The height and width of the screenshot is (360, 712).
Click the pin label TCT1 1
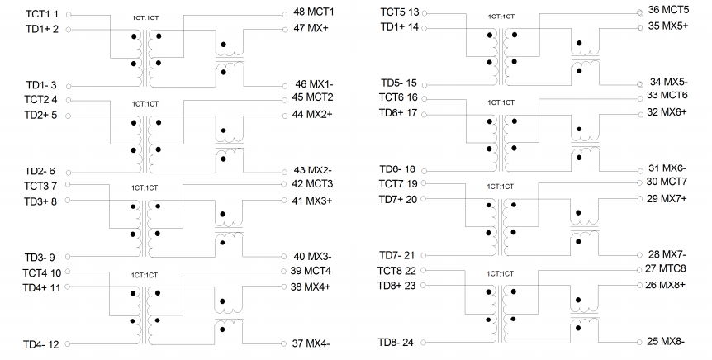(x=42, y=15)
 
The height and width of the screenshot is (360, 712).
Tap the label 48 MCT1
(x=313, y=12)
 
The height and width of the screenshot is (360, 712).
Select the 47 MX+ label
(x=311, y=28)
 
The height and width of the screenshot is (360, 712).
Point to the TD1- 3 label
(x=41, y=85)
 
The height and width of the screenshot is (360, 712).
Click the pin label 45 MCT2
(x=312, y=97)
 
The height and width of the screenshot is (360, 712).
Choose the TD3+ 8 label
(x=40, y=201)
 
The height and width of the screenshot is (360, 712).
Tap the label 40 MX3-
(x=312, y=257)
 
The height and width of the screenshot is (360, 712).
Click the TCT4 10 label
(x=42, y=272)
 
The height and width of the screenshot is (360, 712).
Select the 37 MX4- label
(x=311, y=343)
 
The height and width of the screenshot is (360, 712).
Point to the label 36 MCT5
(x=668, y=10)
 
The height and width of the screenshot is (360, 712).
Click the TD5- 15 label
(x=399, y=83)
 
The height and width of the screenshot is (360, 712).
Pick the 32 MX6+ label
(x=667, y=112)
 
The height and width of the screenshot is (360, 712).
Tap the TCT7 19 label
(x=398, y=184)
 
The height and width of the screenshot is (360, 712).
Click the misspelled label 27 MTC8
(x=665, y=268)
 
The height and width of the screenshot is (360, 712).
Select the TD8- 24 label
(x=396, y=343)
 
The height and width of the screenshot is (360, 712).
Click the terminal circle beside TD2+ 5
(x=68, y=116)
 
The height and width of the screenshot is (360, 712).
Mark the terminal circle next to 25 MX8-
(x=640, y=343)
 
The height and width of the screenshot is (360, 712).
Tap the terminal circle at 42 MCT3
(x=284, y=184)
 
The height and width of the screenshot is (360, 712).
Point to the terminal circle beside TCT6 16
(x=424, y=99)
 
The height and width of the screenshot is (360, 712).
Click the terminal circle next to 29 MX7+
(x=640, y=199)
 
